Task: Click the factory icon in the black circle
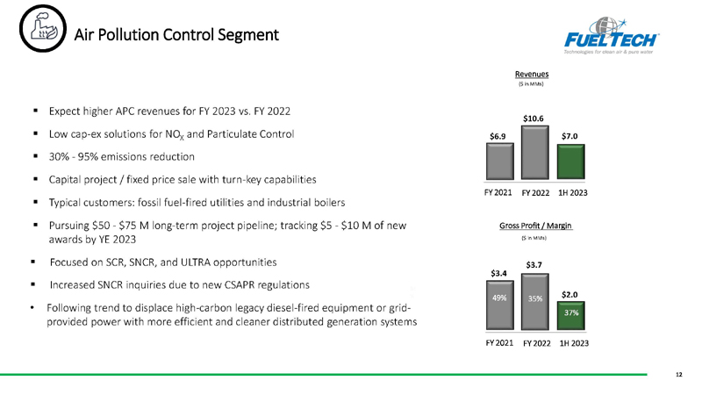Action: [43, 28]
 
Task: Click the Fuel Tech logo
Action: [611, 36]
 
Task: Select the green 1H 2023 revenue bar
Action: [571, 162]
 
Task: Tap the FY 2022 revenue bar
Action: [535, 153]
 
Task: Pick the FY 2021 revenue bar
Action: [500, 162]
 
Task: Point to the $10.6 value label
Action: [534, 118]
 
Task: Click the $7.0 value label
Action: [569, 136]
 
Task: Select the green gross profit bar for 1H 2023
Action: [571, 316]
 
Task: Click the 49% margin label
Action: [499, 298]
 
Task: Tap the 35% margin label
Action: [535, 298]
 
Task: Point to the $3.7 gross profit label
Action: [534, 265]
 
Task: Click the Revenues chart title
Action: [532, 74]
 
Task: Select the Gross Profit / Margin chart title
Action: [535, 226]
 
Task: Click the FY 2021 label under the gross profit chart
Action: [499, 342]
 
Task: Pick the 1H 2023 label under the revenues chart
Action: [573, 192]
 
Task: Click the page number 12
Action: [678, 375]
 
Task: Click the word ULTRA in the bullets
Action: [195, 262]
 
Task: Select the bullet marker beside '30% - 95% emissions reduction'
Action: [35, 156]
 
